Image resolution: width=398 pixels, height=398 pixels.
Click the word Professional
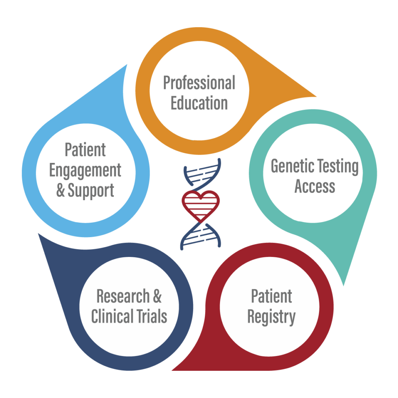click(199, 83)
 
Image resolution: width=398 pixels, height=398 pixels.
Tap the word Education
click(199, 103)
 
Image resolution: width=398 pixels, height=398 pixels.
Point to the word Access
click(314, 186)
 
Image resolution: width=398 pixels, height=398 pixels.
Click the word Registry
click(271, 317)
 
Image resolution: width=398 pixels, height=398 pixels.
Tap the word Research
click(122, 296)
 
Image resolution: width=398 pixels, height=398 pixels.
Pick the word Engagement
click(85, 170)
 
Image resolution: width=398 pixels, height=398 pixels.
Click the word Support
click(91, 191)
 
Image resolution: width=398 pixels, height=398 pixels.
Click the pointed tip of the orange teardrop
click(316, 96)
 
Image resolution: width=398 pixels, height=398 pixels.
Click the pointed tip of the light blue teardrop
click(127, 65)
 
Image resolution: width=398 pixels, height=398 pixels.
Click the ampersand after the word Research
click(157, 296)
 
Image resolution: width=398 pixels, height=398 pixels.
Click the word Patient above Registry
click(271, 297)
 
